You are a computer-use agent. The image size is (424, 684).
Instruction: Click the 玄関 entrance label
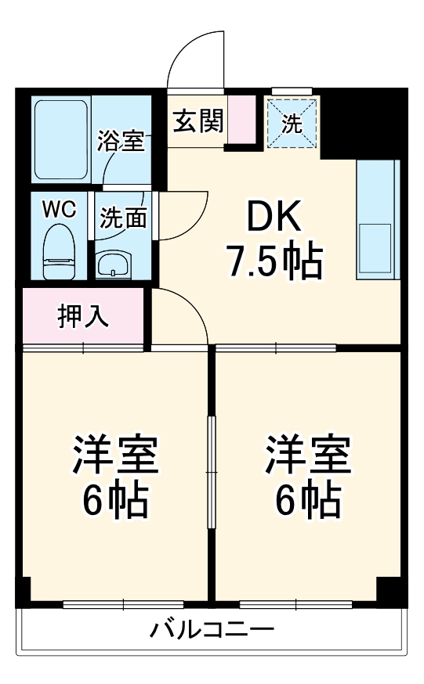[x=198, y=121]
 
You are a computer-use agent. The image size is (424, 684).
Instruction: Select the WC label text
[x=59, y=210]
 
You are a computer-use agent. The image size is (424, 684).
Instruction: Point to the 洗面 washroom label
[x=124, y=218]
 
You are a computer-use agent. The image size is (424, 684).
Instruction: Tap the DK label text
[x=274, y=220]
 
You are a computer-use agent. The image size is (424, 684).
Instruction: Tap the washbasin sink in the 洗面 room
[x=115, y=264]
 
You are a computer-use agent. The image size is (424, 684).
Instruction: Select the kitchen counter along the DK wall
[x=379, y=219]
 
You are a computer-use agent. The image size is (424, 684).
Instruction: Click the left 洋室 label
[x=116, y=455]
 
